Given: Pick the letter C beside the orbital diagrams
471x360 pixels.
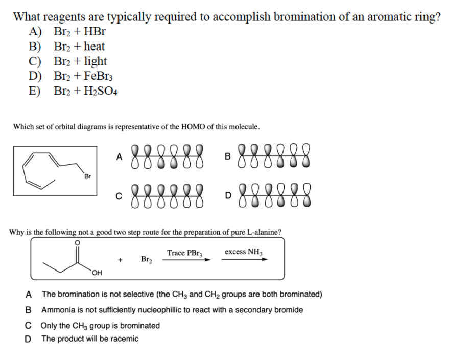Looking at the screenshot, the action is tap(119, 194).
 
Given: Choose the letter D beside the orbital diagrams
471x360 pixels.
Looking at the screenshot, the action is tap(228, 194).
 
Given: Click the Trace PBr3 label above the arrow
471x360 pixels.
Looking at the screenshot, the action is tap(185, 253).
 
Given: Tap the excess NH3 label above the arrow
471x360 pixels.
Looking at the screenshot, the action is tap(244, 252).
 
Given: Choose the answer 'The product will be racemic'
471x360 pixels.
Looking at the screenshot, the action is tap(89, 339).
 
